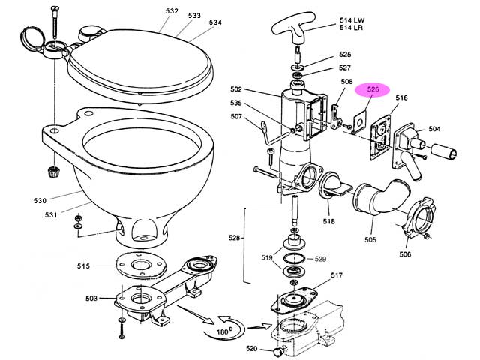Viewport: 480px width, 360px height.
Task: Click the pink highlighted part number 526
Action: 373,89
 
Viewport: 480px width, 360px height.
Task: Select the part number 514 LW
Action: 352,20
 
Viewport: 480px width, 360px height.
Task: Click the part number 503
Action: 91,298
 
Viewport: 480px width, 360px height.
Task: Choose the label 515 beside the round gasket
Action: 83,266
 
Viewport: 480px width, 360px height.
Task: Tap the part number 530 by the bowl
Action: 40,201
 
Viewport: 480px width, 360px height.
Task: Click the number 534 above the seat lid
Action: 215,22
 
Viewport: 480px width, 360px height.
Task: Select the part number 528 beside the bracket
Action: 234,238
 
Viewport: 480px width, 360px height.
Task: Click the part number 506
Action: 405,254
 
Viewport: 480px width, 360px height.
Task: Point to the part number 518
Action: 329,221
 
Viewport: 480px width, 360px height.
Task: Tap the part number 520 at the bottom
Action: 252,348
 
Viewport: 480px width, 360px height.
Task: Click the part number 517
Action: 337,275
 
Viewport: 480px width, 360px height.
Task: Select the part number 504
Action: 434,129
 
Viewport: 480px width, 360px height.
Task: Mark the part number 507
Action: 236,116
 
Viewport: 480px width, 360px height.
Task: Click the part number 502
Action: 236,89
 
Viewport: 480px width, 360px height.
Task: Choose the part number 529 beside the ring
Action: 320,259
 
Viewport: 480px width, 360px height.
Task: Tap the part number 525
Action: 345,55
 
